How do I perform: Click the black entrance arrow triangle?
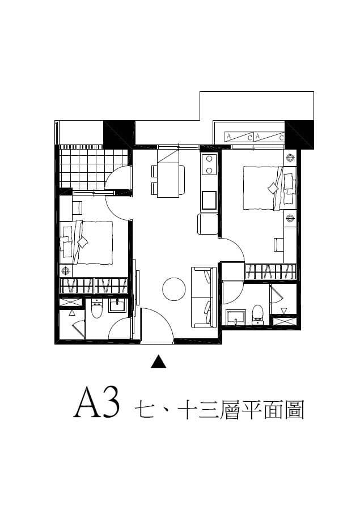[159, 362]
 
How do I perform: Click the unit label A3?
[97, 402]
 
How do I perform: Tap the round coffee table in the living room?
[174, 289]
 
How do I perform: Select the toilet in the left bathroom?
[97, 309]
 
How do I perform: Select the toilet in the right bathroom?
[257, 315]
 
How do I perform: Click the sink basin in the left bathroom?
[117, 306]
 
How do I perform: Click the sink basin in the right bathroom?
[236, 317]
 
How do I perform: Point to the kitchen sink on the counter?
[209, 201]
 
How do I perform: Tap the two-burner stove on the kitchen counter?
[209, 164]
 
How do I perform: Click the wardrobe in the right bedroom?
[270, 271]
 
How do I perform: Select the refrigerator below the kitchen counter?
[207, 224]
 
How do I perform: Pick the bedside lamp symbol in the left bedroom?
[66, 270]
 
